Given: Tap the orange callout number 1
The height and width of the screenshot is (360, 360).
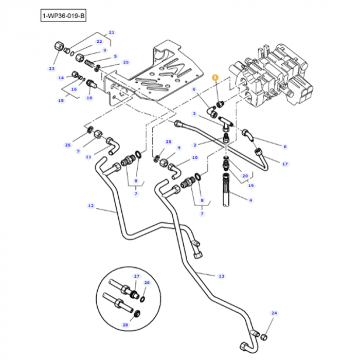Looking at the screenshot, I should coord(215,77).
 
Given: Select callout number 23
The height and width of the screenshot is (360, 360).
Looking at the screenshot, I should coord(51,68).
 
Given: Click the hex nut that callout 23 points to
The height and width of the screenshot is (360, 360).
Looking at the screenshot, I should coord(58,47).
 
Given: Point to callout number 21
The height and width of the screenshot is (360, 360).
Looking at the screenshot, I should coord(112,32).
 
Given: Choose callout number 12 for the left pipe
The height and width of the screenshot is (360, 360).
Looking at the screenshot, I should coord(91,206).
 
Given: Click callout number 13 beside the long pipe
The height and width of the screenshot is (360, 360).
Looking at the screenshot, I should coord(221,276).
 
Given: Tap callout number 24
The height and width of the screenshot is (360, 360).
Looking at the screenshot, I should coord(274,313).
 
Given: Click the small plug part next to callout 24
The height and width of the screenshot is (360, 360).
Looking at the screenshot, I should coord(264,337).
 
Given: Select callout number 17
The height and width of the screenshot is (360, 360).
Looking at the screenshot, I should coord(285,164).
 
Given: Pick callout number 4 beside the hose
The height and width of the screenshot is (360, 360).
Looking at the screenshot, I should coord(250,200).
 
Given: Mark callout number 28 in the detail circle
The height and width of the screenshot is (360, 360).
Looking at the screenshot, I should coord(125,325).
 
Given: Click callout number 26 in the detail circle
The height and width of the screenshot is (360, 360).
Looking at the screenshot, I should coord(147,283).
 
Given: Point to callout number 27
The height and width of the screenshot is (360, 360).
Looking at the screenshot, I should coord(137,277).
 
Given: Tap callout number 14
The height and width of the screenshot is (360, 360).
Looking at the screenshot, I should coord(61,78).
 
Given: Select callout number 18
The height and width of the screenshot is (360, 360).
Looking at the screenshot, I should coord(89,98).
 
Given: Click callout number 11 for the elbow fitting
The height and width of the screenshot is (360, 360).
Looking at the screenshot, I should coord(88,156).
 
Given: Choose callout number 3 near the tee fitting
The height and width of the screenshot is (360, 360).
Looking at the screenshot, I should coord(194,114).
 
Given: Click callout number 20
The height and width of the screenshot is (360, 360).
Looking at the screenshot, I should coord(245,175).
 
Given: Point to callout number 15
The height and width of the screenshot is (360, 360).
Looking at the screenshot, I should coord(61,101).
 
